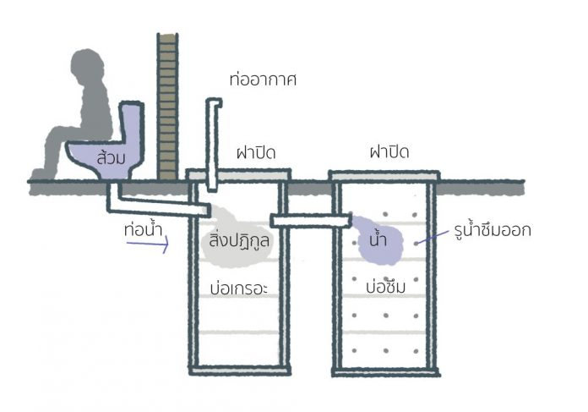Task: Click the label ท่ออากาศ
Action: coord(263,80)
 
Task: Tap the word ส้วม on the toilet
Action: coord(111,157)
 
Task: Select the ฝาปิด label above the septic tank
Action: coord(256,152)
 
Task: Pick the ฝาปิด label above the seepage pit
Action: coord(389,151)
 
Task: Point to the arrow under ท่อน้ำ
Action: coord(148,244)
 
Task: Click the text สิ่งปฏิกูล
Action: coord(239,239)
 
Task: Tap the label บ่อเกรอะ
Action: coord(239,288)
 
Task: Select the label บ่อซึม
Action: coord(385,287)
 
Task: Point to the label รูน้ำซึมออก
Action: coord(493,229)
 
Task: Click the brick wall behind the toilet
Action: coord(167,107)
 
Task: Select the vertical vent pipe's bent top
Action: coord(214,103)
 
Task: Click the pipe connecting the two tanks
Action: coord(311,221)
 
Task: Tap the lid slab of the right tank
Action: coord(384,175)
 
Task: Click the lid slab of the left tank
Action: coord(238,174)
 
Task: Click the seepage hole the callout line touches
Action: coord(416,244)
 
